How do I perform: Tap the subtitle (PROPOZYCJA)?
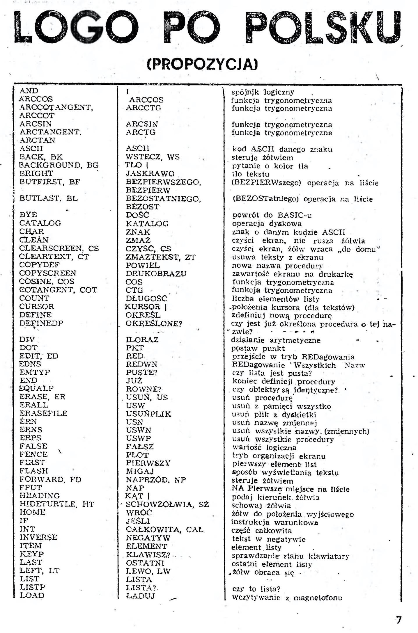[x=203, y=64]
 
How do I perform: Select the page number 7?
[x=398, y=620]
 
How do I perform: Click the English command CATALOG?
[x=40, y=223]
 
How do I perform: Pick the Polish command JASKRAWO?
[x=150, y=174]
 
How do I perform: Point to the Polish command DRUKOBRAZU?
[x=156, y=274]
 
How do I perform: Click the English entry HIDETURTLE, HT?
[x=57, y=504]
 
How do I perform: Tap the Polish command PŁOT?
[x=137, y=455]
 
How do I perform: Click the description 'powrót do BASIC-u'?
[x=272, y=215]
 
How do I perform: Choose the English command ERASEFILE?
[x=43, y=413]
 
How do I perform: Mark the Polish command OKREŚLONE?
[x=154, y=324]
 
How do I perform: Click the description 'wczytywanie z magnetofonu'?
[x=287, y=598]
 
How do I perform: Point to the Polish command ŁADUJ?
[x=141, y=596]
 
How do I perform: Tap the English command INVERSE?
[x=38, y=537]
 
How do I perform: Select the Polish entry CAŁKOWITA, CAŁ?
[x=164, y=529]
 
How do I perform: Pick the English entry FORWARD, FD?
[x=50, y=479]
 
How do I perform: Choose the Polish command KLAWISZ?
[x=148, y=555]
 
